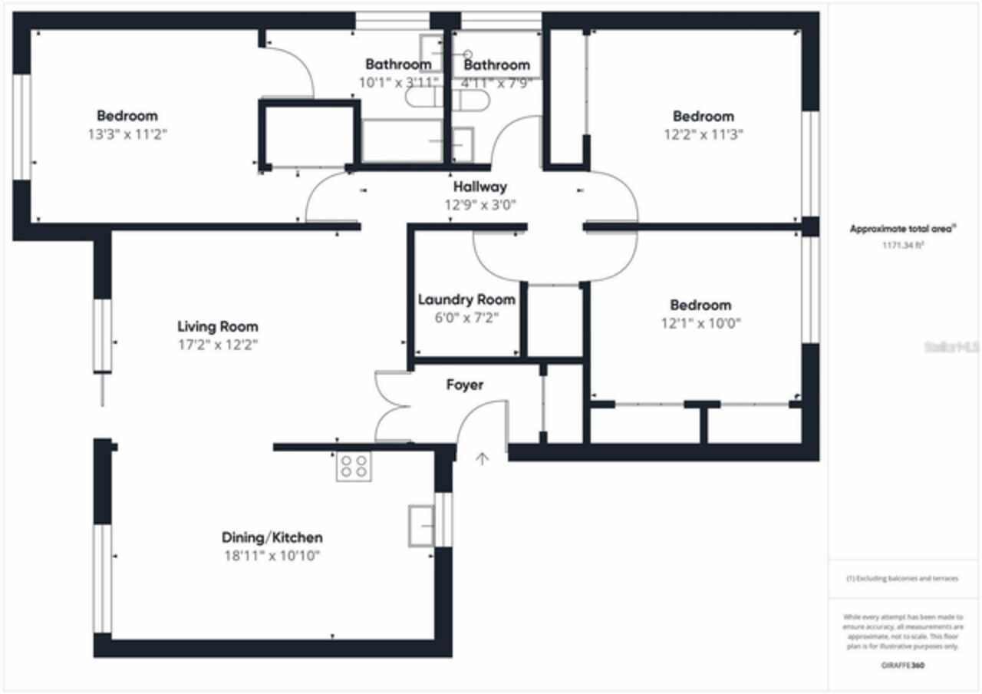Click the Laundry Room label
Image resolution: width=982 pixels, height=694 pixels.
(466, 299)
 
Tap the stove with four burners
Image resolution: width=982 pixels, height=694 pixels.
(354, 467)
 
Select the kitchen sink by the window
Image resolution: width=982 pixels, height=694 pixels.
(420, 525)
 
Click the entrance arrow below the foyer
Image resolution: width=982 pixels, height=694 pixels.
(482, 459)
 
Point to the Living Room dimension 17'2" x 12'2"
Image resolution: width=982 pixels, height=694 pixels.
(218, 345)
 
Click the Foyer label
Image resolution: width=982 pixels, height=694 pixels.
(465, 385)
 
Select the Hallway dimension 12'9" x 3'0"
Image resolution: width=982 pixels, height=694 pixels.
(479, 205)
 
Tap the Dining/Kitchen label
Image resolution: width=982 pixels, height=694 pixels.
(272, 537)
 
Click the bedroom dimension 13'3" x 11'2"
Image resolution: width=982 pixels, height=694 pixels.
(127, 134)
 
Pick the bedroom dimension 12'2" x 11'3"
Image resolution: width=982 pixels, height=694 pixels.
(703, 134)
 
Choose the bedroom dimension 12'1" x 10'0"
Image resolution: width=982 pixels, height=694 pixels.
(700, 323)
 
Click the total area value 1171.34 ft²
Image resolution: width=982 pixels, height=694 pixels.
(901, 246)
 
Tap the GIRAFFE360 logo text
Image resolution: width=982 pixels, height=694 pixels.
(902, 666)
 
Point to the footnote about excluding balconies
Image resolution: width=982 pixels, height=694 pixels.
(901, 578)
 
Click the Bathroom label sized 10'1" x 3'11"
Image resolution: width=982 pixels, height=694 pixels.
(398, 64)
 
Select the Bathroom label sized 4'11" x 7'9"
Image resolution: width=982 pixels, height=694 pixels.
(496, 64)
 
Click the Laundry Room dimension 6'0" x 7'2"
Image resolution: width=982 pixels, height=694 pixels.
(466, 317)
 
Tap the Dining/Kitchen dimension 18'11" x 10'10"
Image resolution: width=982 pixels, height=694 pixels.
(272, 556)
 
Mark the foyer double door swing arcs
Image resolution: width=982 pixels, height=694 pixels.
(392, 407)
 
